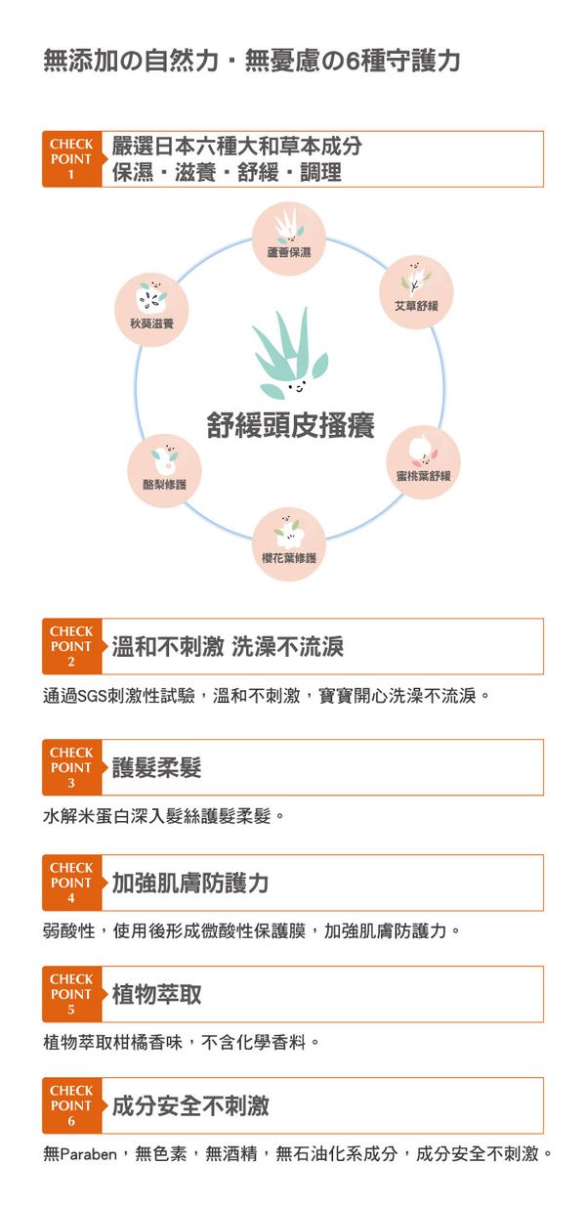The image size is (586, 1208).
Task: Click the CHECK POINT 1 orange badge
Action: point(72,159)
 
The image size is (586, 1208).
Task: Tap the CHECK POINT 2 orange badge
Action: point(72,646)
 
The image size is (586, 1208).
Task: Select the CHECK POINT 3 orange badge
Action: point(72,767)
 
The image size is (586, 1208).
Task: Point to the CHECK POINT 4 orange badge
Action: point(72,883)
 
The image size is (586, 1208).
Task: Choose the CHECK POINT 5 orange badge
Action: point(72,994)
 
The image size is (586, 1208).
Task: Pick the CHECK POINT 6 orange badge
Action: point(72,1105)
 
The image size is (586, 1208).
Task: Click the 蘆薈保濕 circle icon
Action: point(289,238)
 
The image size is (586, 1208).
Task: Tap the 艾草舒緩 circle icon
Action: point(416,292)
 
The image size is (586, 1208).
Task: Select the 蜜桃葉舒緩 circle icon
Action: point(423,462)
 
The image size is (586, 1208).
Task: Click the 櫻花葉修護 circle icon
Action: point(289,544)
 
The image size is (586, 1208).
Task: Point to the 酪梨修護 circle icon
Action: point(164,471)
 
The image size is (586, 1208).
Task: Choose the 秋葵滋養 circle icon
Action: point(151,310)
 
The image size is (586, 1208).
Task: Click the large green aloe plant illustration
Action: point(290,353)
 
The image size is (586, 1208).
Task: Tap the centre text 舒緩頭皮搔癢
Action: point(291,425)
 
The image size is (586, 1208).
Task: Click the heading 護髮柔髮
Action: point(157,767)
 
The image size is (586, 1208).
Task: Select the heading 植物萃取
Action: point(157,994)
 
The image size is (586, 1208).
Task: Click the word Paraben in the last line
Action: point(89,1153)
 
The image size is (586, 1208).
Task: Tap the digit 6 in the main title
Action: point(354,61)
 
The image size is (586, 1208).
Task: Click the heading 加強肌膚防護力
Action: point(190,883)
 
